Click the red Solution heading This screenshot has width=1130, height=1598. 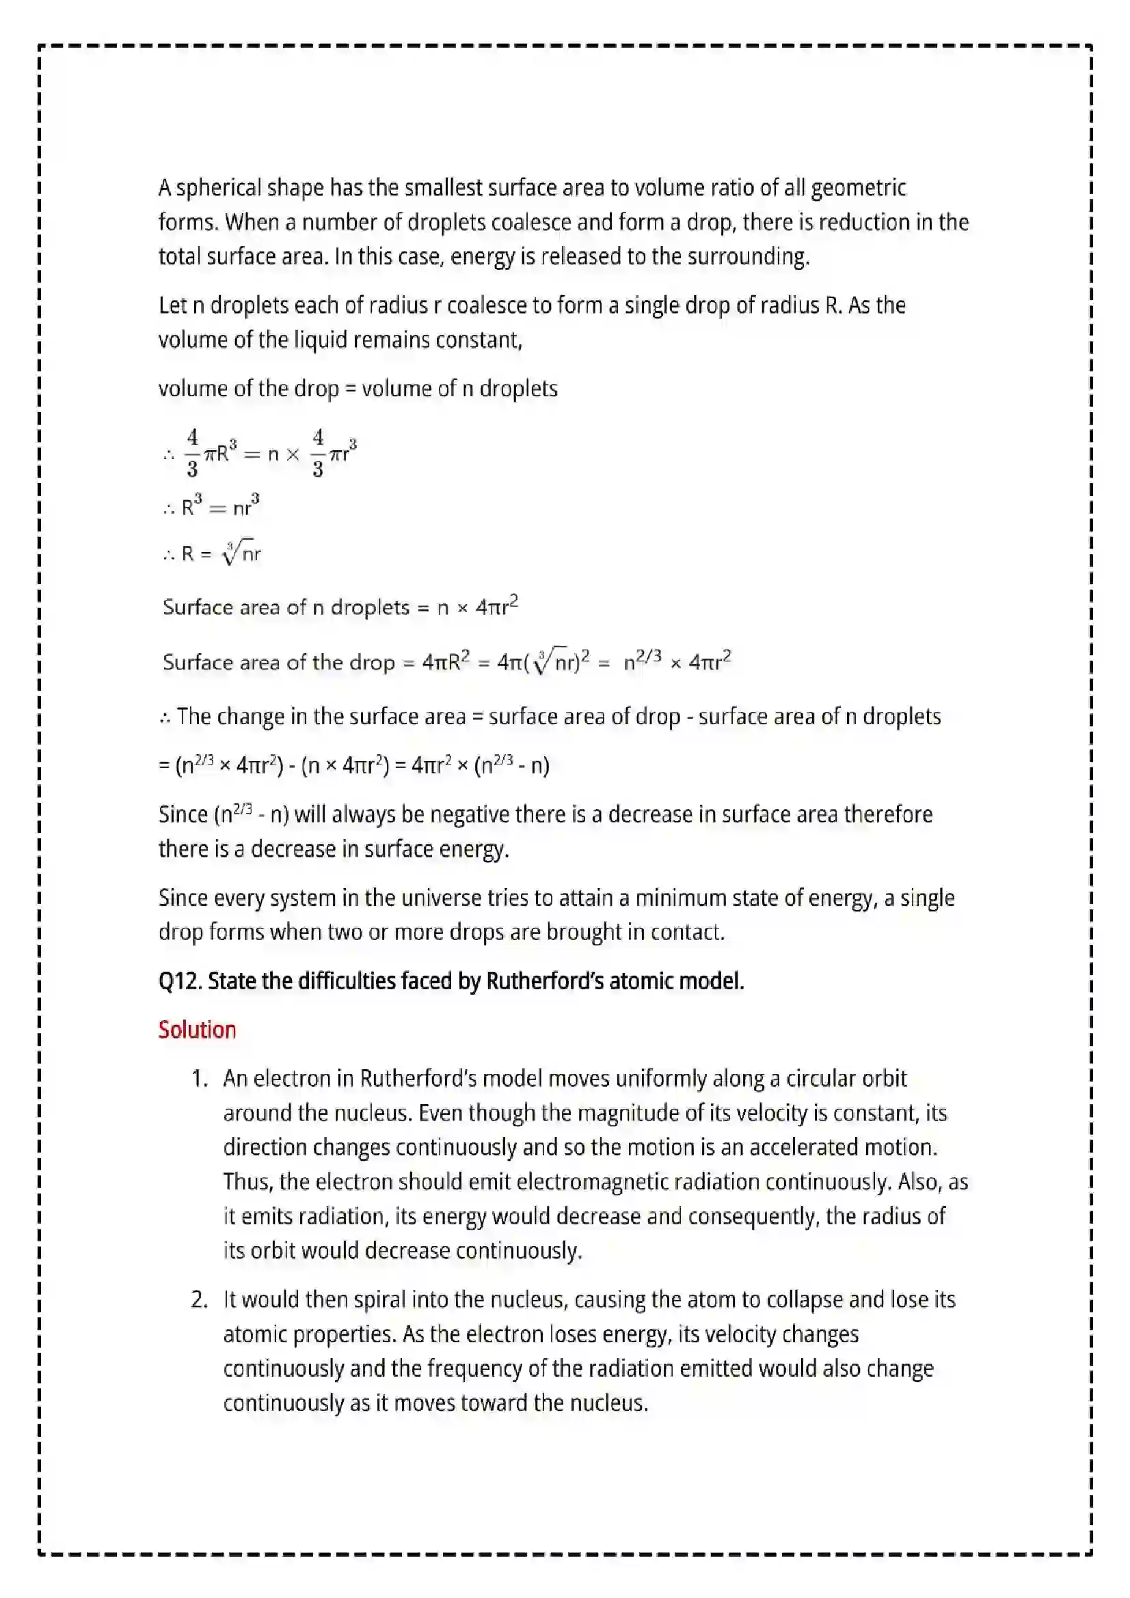click(x=197, y=1030)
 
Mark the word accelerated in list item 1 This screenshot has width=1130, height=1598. click(x=803, y=1147)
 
